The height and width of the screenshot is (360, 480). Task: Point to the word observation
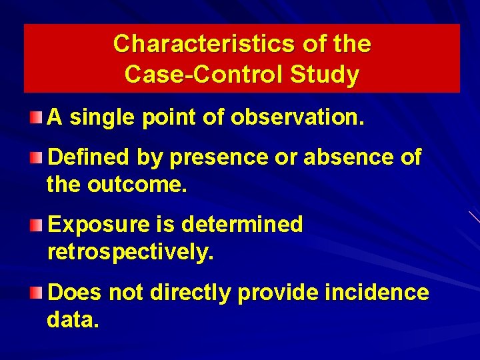[x=297, y=118]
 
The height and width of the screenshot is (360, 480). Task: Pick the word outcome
[x=137, y=185]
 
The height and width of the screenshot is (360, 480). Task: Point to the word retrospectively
[x=131, y=252]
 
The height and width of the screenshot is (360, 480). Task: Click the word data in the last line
[x=73, y=319]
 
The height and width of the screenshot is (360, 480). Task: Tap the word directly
[x=193, y=292]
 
